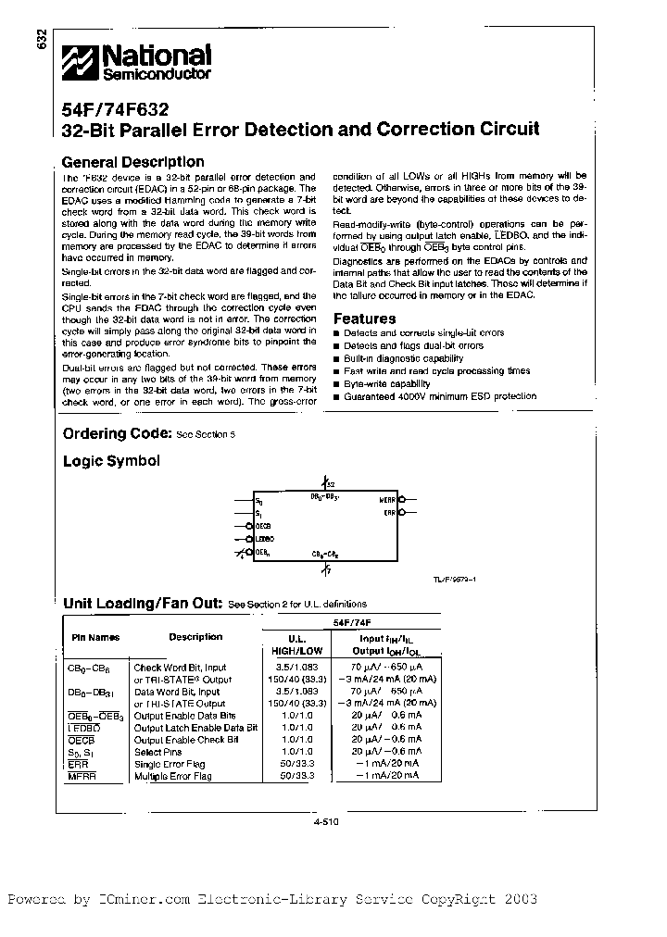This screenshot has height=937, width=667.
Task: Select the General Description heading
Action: click(x=132, y=162)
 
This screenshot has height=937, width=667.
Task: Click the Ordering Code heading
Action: click(x=117, y=433)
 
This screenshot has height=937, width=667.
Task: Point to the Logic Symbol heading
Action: click(x=111, y=460)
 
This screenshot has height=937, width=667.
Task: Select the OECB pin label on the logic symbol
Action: click(x=264, y=525)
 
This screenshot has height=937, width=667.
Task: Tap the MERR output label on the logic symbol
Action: click(x=387, y=500)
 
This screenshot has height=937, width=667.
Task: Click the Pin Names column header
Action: click(x=95, y=638)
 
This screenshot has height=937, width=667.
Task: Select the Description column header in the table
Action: click(x=195, y=637)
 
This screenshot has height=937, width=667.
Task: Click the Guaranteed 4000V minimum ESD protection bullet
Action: click(x=439, y=396)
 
